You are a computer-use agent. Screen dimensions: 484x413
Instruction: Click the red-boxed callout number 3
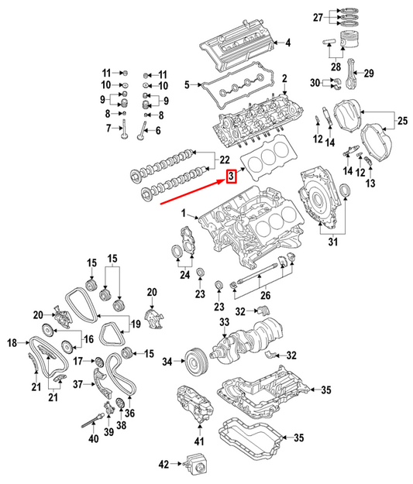(231, 177)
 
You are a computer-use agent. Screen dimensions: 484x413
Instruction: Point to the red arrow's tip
(224, 179)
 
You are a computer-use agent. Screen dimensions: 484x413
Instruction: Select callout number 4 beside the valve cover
(287, 42)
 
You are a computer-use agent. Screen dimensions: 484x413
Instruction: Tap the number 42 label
(163, 465)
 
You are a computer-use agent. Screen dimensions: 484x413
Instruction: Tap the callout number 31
(334, 243)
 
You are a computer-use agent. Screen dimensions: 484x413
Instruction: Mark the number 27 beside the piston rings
(339, 17)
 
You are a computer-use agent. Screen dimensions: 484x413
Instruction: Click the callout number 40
(93, 440)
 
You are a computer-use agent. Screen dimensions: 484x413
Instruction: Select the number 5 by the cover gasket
(186, 84)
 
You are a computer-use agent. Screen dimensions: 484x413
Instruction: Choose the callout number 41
(198, 441)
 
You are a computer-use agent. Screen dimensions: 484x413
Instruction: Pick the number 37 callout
(77, 383)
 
